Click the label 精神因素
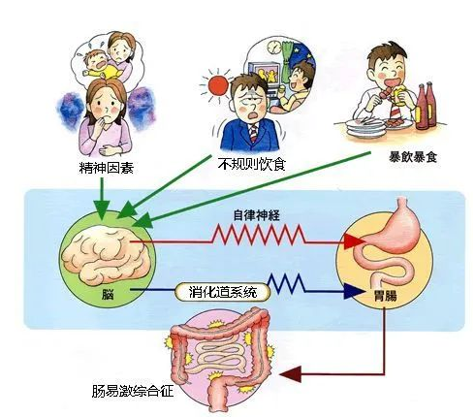[107, 168]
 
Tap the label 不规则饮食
[252, 164]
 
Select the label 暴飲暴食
[413, 157]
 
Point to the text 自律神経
[257, 215]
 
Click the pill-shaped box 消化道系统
[222, 292]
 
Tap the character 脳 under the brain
[108, 295]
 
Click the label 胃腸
[385, 296]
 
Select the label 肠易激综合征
[133, 391]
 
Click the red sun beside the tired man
[218, 85]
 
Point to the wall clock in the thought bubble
[274, 48]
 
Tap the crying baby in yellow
[99, 65]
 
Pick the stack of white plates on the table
[366, 128]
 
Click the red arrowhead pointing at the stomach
[355, 241]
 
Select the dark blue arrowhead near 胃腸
[354, 291]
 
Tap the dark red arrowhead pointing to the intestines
[291, 374]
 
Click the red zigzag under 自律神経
[259, 235]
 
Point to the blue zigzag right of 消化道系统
[287, 284]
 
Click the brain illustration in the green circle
[105, 255]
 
